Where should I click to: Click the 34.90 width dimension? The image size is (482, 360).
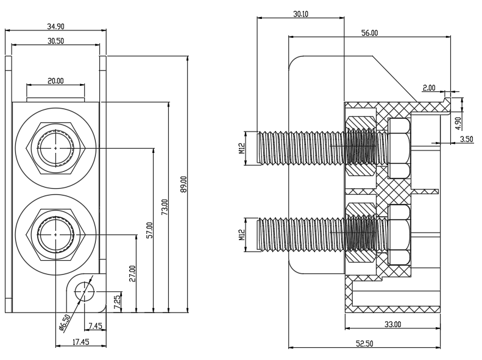(55, 26)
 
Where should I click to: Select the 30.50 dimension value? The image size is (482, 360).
(55, 41)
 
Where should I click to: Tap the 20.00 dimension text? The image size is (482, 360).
(55, 81)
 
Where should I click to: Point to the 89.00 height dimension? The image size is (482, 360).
(183, 184)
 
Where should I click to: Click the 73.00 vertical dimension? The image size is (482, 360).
(165, 206)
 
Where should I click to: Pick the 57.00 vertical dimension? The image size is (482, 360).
(149, 230)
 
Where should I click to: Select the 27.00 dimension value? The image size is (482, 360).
(132, 274)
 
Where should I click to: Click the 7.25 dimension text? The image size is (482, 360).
(117, 303)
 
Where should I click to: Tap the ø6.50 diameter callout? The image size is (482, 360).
(65, 323)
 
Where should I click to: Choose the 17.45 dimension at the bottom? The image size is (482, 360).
(81, 342)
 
